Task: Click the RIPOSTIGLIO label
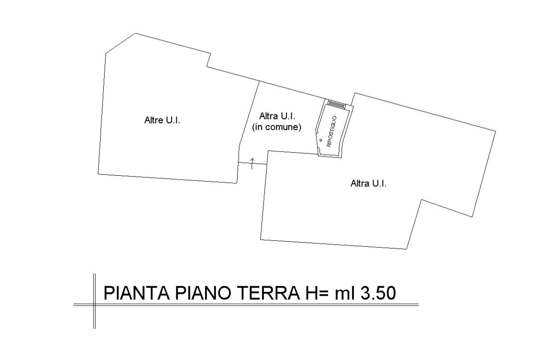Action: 332,132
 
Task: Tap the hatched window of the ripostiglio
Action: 337,105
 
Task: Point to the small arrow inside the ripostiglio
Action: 320,140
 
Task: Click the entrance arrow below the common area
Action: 252,164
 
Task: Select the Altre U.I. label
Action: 162,120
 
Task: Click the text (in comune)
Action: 277,127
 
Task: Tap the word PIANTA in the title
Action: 137,293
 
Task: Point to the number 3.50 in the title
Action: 378,293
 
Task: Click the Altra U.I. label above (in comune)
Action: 277,116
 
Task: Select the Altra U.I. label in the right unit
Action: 368,183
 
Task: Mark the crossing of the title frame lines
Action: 94,305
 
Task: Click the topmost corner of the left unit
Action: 136,33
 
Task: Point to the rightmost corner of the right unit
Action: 495,131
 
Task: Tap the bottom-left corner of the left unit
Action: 98,174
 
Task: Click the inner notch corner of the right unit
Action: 422,200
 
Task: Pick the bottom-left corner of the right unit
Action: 260,240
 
